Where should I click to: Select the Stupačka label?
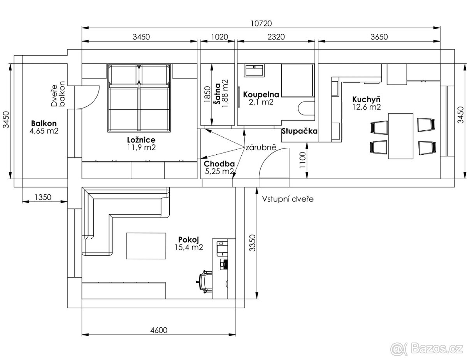coord(299,131)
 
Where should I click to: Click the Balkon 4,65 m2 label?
coord(44,127)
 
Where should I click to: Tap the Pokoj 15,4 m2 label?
coord(190,243)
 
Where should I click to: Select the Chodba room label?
coord(219,167)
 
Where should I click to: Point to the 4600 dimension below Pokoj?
coord(158,330)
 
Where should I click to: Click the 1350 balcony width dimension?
coord(43,197)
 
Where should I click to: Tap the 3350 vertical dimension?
coord(252,243)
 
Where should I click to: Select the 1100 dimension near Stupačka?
coord(302,160)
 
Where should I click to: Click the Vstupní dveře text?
coord(288,199)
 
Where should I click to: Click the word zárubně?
coord(260,147)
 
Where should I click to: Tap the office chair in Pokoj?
coord(205,280)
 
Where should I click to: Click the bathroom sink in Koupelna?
coord(254,70)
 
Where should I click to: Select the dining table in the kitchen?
coord(401,136)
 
